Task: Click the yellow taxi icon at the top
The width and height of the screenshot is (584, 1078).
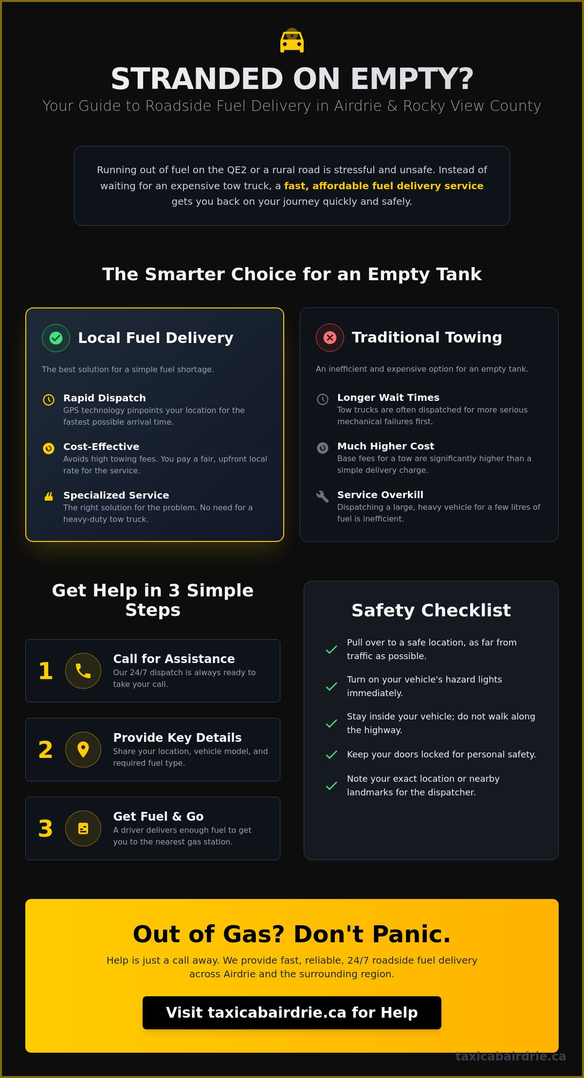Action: tap(292, 41)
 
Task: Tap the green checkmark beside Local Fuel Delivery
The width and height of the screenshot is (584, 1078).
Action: tap(56, 338)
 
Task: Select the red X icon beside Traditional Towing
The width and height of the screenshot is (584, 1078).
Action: tap(330, 337)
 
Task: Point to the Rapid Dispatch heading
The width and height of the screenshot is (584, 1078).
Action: tap(105, 398)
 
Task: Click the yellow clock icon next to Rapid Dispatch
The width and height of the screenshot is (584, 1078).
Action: tap(49, 400)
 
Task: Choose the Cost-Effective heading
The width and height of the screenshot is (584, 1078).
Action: tap(101, 447)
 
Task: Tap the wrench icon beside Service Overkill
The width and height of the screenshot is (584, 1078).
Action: tap(322, 496)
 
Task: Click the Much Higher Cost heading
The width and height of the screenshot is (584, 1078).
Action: tap(386, 446)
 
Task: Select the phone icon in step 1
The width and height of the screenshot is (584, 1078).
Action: tap(83, 671)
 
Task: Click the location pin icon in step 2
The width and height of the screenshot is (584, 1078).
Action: tap(83, 750)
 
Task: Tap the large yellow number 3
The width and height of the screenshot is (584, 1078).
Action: tap(46, 828)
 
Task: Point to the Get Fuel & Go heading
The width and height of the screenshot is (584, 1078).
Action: tap(159, 816)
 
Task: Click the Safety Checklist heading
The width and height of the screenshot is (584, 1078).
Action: tap(431, 610)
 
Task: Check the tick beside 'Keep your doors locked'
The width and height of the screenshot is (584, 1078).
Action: tap(331, 755)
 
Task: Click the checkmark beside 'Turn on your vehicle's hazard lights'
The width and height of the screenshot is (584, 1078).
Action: tap(331, 686)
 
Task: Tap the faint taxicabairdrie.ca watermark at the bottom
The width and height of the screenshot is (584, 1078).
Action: tap(511, 1056)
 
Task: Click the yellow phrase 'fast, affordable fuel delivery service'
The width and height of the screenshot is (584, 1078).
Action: tap(384, 186)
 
